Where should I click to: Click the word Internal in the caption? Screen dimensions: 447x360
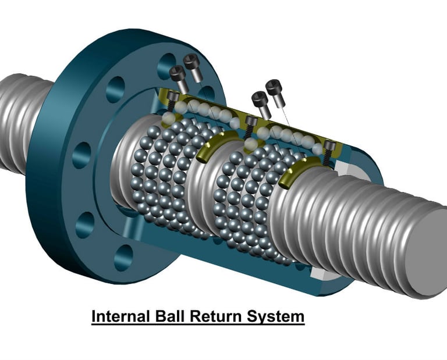[121, 316]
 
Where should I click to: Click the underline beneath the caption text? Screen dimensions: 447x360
[198, 324]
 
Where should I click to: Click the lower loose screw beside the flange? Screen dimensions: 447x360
[179, 79]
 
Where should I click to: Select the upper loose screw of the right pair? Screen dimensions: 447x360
[276, 92]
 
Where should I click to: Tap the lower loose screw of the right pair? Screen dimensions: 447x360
[261, 105]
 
